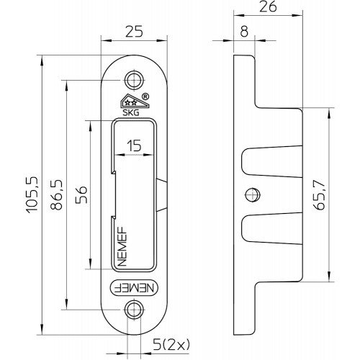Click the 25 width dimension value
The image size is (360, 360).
[134, 32]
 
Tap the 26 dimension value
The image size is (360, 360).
[268, 6]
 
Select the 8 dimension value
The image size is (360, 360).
[244, 32]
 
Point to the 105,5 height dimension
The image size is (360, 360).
[32, 195]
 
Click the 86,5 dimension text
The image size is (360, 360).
[57, 195]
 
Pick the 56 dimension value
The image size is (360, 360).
[81, 194]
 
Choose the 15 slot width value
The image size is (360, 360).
[134, 145]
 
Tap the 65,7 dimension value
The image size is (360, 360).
[320, 195]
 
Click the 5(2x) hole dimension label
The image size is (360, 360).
[171, 345]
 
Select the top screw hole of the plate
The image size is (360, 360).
[134, 81]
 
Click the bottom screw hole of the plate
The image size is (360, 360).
[134, 310]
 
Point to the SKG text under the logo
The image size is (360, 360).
[131, 113]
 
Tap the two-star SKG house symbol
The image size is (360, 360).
[134, 102]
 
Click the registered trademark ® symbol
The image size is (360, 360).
[145, 96]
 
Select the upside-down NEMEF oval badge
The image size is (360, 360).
[134, 287]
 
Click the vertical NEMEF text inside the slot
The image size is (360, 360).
[122, 246]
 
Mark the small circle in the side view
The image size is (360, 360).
[253, 194]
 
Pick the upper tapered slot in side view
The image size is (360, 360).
[271, 162]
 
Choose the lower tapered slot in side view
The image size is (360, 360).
[271, 228]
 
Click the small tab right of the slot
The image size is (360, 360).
[161, 195]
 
